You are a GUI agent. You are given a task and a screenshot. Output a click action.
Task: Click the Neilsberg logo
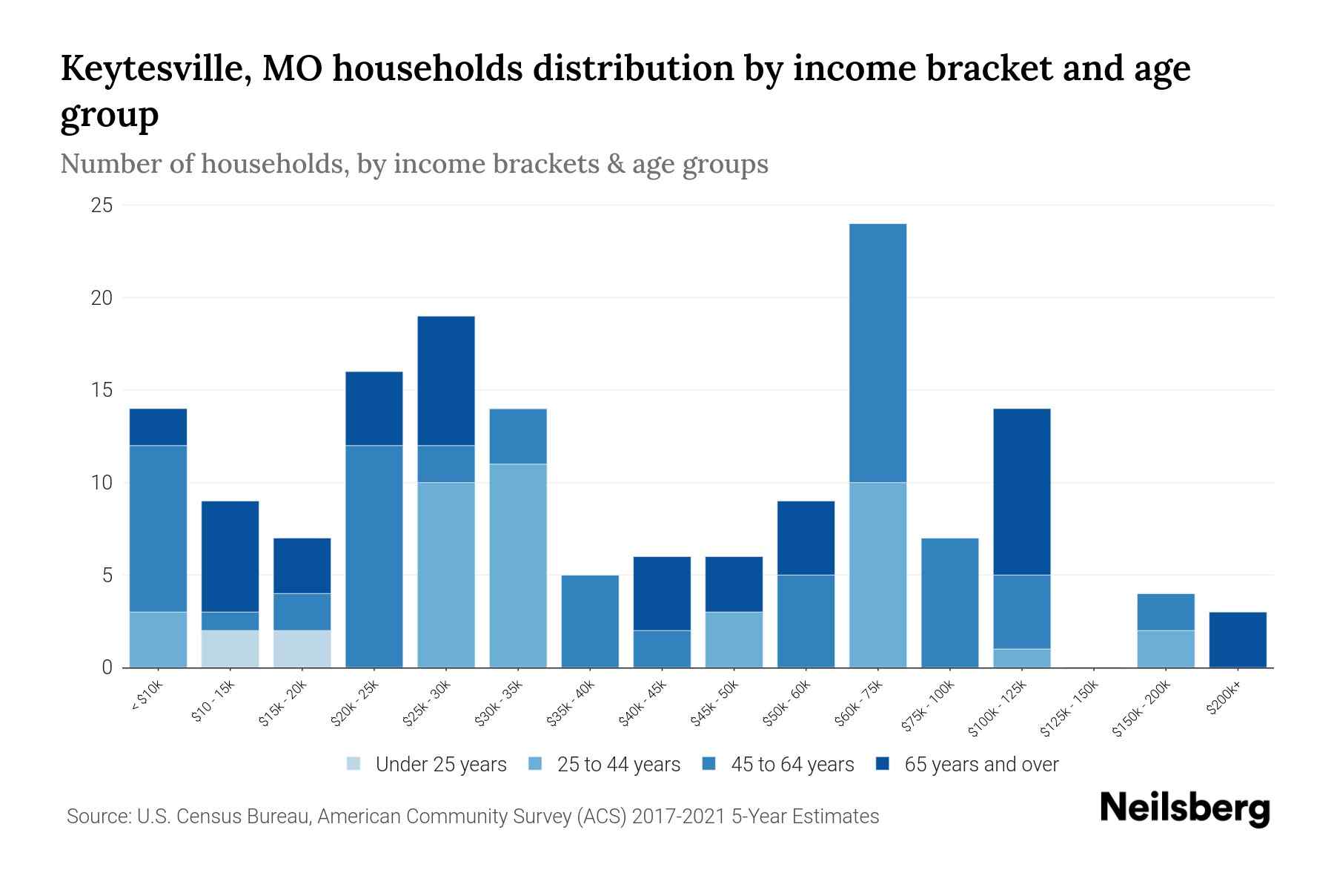coord(1184,808)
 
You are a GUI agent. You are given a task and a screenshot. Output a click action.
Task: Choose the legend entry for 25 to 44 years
coord(604,764)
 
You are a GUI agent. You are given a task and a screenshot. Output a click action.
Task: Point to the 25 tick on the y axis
coord(102,205)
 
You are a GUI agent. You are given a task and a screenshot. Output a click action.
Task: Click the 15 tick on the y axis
coord(102,390)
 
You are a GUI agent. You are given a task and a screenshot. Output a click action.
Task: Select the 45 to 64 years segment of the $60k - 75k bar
coord(877,353)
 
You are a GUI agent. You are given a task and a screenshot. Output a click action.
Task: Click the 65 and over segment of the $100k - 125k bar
coord(1021,492)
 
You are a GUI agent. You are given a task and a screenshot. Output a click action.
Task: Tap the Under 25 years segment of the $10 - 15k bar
coord(230,649)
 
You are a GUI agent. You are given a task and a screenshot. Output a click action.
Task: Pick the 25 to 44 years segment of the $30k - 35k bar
coord(518,565)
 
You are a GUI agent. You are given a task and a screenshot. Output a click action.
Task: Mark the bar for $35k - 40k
coord(590,622)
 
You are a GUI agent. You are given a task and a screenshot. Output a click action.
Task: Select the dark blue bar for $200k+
coord(1237,639)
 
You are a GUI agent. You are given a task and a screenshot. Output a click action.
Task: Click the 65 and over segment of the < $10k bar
coord(158,427)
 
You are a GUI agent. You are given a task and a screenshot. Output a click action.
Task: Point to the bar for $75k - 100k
coord(949,602)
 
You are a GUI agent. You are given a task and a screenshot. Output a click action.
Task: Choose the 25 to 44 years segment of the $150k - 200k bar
coord(1165,649)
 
